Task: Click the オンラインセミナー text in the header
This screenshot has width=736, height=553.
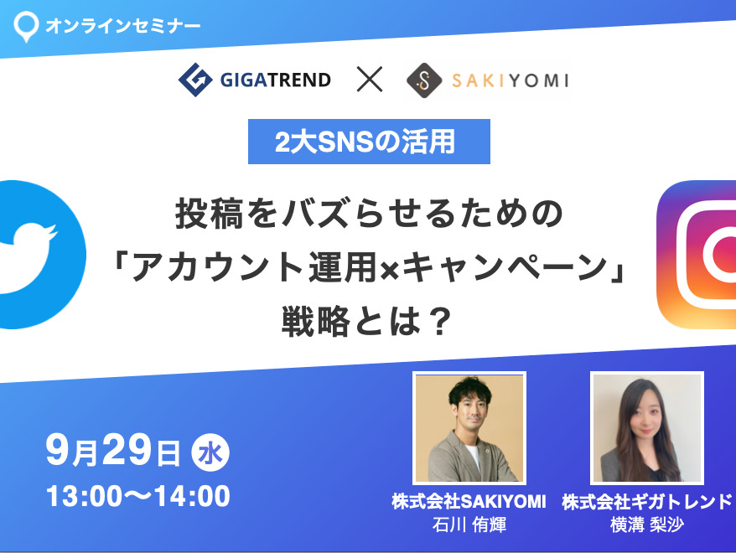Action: click(x=123, y=25)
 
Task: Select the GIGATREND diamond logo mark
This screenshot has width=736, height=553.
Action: click(x=195, y=80)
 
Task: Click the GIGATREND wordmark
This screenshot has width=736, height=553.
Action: click(x=276, y=80)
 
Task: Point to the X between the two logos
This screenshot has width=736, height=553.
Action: click(x=370, y=79)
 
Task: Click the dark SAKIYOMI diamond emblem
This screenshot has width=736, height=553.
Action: click(x=424, y=80)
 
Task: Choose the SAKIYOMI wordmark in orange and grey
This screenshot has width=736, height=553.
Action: click(x=511, y=80)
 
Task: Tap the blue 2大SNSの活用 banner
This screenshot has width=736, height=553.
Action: click(x=369, y=142)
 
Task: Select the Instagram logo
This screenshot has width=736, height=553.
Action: click(x=697, y=254)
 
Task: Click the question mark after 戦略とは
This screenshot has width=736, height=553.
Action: click(x=440, y=321)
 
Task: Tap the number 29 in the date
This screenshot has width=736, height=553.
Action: click(x=127, y=449)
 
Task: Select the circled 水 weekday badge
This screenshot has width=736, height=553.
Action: click(x=210, y=453)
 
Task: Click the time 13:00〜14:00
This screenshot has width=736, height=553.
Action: click(x=138, y=496)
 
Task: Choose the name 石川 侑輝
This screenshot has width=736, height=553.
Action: click(x=469, y=525)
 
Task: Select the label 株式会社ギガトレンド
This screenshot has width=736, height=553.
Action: click(x=647, y=502)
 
